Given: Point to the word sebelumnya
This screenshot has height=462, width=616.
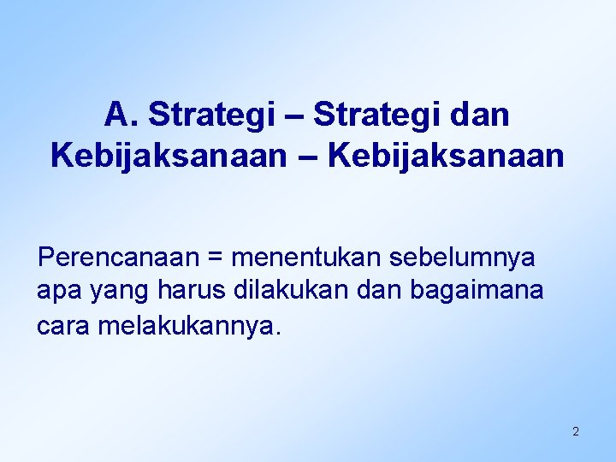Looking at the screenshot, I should point(463,257).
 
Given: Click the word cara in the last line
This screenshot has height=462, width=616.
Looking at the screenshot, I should point(63,326).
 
